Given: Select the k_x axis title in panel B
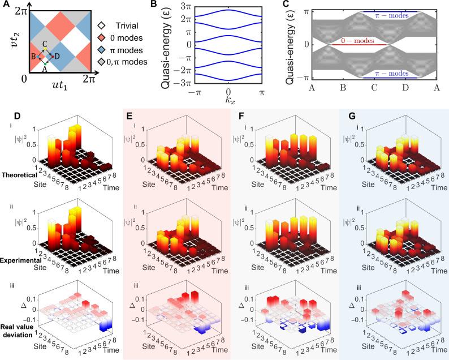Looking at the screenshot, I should [228, 104].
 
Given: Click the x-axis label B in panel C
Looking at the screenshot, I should [342, 89].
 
